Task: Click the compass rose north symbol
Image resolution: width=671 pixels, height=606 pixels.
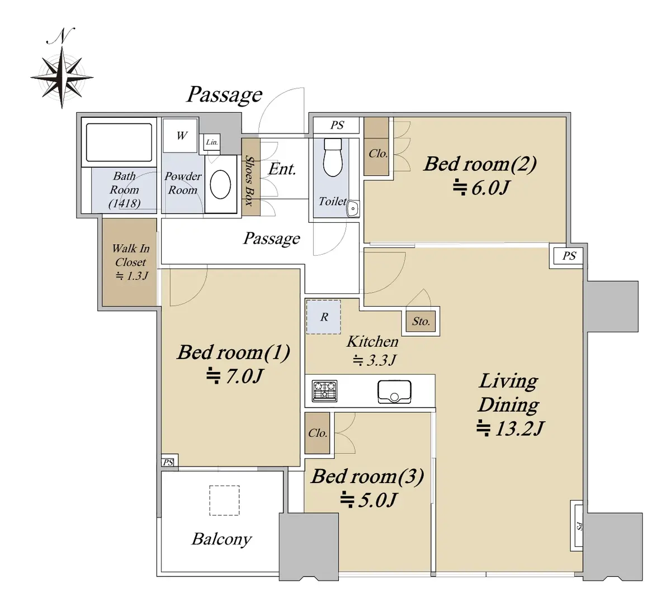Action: (x=62, y=77)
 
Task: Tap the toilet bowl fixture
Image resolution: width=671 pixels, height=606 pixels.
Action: (x=333, y=158)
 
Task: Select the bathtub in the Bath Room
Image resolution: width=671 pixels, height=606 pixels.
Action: (x=119, y=142)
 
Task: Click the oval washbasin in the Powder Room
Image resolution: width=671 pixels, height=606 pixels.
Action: (x=220, y=184)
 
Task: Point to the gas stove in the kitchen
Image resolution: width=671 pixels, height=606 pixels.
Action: (x=324, y=391)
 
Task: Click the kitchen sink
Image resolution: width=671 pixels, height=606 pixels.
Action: (x=394, y=392)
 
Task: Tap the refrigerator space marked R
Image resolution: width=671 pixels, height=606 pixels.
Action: (x=324, y=317)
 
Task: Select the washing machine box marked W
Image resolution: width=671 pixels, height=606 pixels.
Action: (x=180, y=136)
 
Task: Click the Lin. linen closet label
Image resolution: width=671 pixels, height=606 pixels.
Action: (x=212, y=142)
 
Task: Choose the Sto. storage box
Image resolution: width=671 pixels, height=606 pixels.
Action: (x=421, y=321)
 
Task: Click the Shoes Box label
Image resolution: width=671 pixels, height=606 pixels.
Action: (x=249, y=180)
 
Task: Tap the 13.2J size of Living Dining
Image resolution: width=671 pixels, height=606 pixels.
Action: (x=511, y=428)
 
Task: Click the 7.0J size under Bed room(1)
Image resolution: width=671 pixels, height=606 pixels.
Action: (x=235, y=376)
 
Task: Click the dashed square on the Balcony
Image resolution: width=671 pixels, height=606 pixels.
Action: (x=224, y=500)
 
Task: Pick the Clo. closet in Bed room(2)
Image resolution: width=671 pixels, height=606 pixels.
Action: (x=376, y=146)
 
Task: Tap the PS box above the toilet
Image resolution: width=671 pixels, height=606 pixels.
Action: (x=337, y=125)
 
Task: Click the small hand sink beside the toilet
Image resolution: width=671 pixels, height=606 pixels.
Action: (x=353, y=208)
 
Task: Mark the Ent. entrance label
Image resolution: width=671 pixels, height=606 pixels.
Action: (x=282, y=169)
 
